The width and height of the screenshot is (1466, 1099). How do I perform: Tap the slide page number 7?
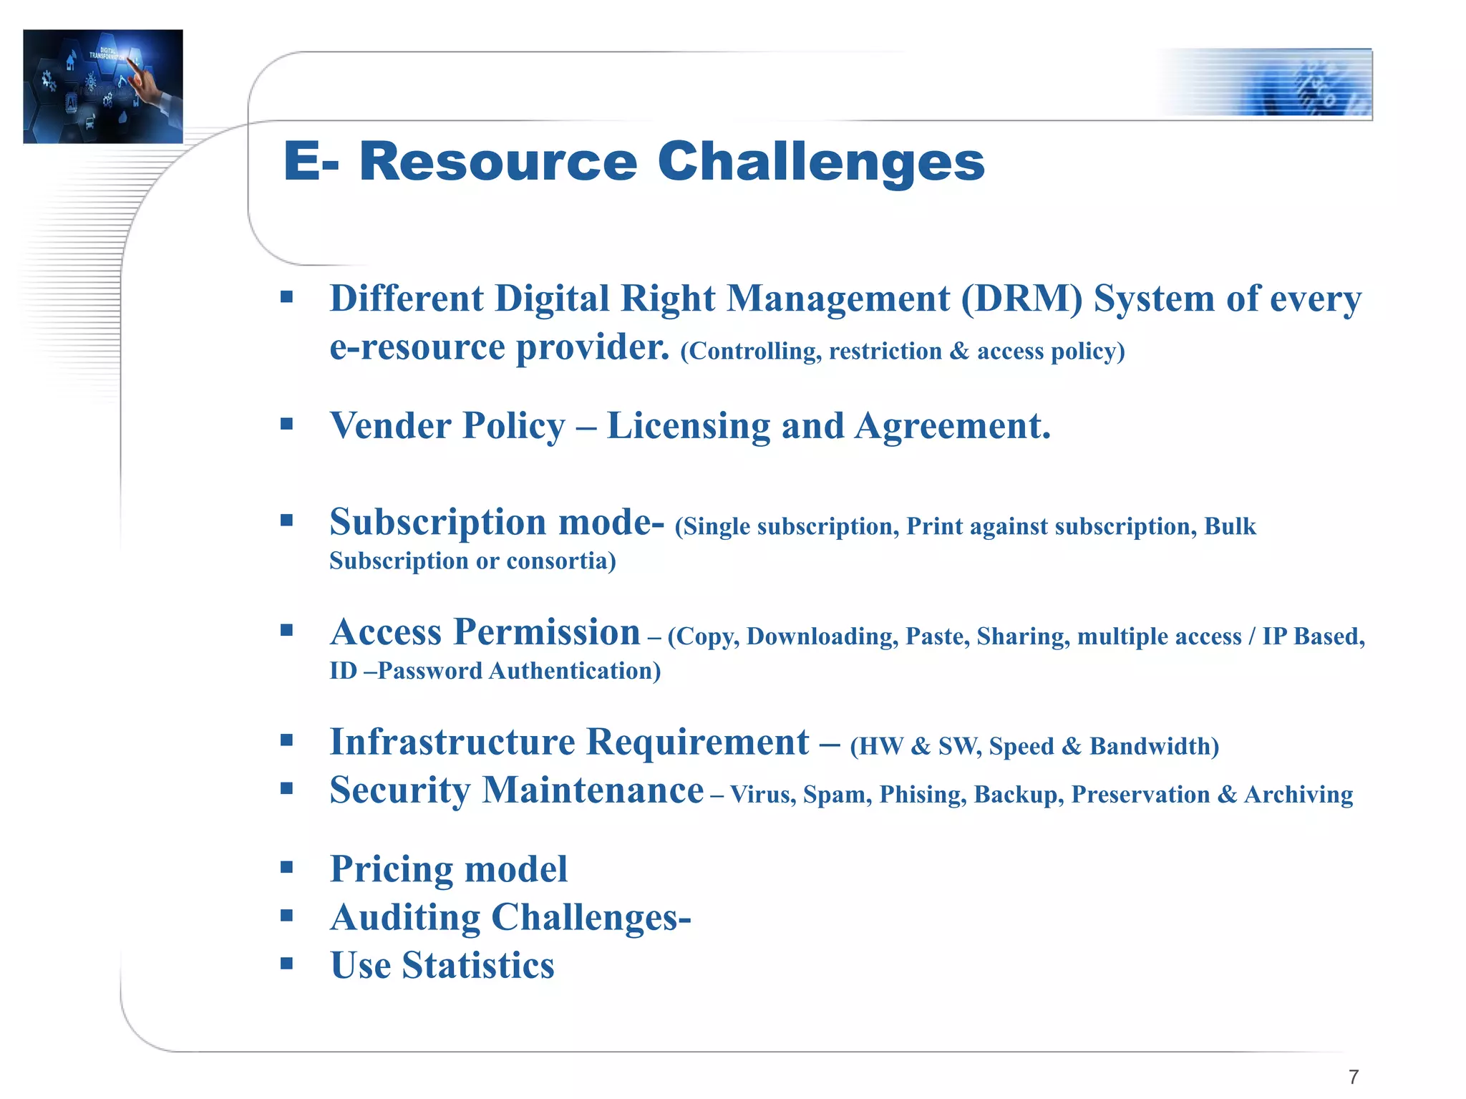tap(1353, 1076)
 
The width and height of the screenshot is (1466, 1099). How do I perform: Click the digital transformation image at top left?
tap(103, 86)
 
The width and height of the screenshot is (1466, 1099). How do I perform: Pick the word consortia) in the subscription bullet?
tap(561, 561)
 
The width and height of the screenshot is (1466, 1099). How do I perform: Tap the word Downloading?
tap(822, 636)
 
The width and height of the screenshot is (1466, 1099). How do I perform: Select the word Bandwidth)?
tap(1154, 746)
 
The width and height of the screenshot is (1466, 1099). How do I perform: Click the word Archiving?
tap(1298, 795)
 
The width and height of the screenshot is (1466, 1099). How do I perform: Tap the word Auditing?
tap(405, 917)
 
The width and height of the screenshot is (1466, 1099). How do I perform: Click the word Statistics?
tap(477, 965)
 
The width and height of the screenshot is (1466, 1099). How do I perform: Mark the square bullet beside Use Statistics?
tap(287, 964)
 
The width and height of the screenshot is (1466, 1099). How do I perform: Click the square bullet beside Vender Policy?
tap(287, 424)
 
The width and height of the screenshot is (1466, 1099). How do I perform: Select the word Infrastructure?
tap(452, 742)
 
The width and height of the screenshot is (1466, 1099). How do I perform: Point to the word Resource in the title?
tap(497, 162)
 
